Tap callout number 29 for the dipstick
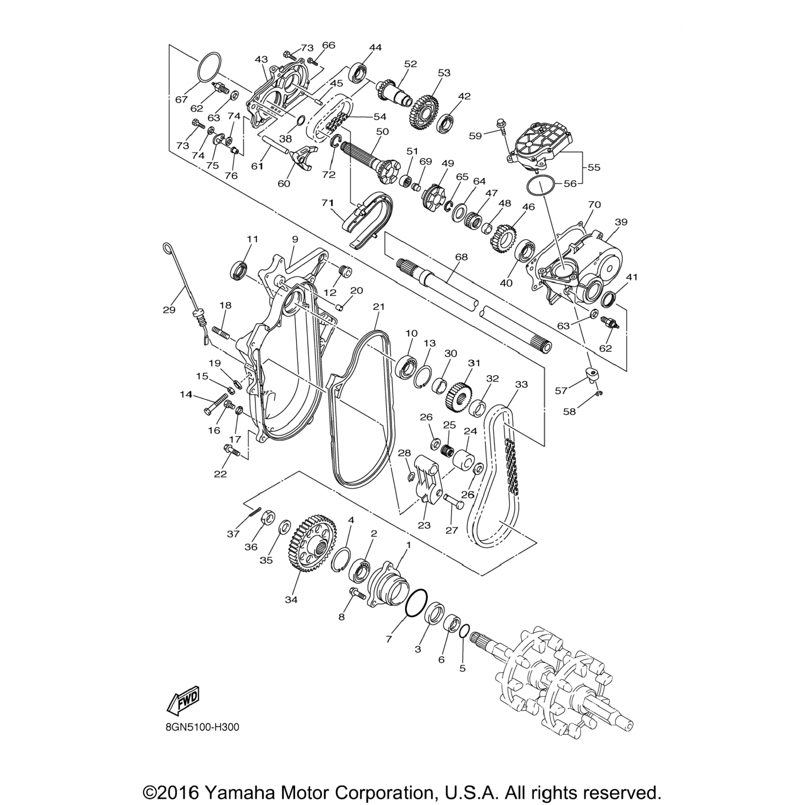tap(169, 310)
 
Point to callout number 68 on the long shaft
tap(461, 258)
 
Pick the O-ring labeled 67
tap(208, 68)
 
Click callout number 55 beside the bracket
tap(594, 167)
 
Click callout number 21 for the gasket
tap(379, 306)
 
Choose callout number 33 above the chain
tap(521, 384)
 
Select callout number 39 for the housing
tap(621, 222)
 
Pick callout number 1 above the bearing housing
tap(408, 545)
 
